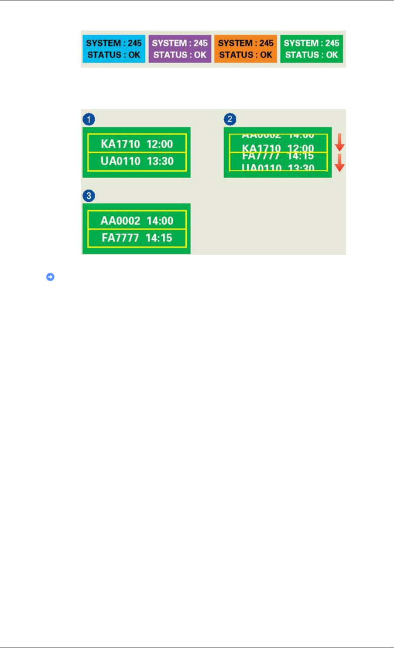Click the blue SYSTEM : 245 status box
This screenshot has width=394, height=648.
113,49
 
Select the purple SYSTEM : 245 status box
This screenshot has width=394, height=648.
180,49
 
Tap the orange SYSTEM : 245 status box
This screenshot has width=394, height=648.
246,49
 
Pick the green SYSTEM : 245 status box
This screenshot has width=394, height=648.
312,49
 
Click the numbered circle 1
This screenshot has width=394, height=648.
89,119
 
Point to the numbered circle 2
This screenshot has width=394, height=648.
230,119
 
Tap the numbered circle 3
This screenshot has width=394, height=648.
89,196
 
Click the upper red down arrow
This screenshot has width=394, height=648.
339,143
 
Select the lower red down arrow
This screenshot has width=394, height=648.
339,162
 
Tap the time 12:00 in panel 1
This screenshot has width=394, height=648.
160,144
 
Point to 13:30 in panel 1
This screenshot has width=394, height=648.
160,161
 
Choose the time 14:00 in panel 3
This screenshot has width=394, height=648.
160,221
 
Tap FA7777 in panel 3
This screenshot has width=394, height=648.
120,238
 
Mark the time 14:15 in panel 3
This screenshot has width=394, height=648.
160,238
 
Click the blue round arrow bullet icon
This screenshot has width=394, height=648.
50,277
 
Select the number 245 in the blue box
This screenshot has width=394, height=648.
135,43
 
